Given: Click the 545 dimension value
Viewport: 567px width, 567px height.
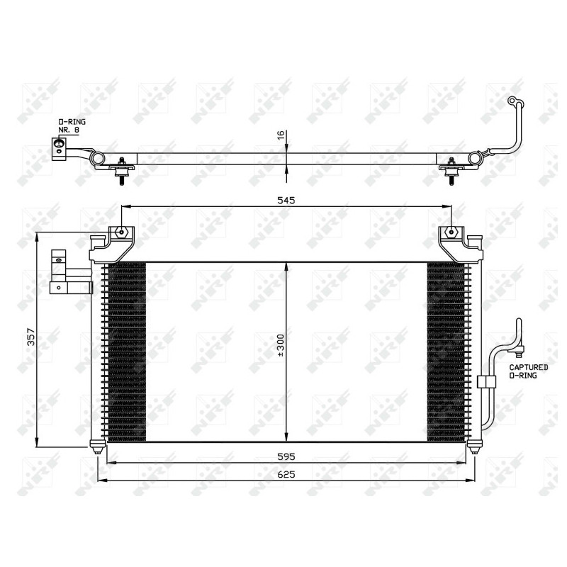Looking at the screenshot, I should tap(286, 201).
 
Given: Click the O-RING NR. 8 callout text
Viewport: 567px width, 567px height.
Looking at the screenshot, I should tap(72, 126).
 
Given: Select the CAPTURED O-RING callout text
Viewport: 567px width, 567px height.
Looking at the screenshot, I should tap(528, 371).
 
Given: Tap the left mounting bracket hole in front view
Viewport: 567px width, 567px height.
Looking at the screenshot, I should tap(122, 232).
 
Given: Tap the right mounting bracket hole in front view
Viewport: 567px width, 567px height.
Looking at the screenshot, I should tap(451, 232).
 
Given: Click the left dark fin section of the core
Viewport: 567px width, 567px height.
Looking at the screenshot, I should tap(125, 351).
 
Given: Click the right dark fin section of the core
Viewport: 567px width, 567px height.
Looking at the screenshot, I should tap(447, 351).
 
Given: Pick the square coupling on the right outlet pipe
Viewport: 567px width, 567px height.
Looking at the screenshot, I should tap(485, 382).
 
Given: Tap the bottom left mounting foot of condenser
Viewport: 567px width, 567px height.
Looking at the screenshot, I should tap(97, 448).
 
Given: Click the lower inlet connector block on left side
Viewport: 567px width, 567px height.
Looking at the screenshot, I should tap(71, 287).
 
